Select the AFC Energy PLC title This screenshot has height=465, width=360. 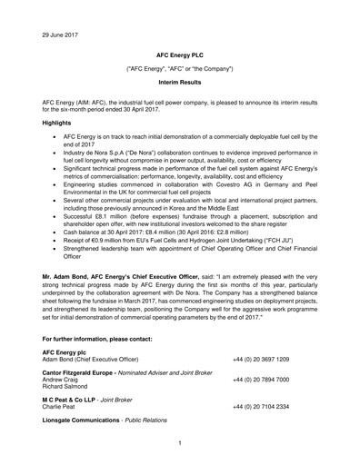[x=180, y=55]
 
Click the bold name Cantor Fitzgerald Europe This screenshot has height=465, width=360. [x=89, y=371]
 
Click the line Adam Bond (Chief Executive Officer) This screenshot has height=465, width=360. [x=94, y=359]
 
